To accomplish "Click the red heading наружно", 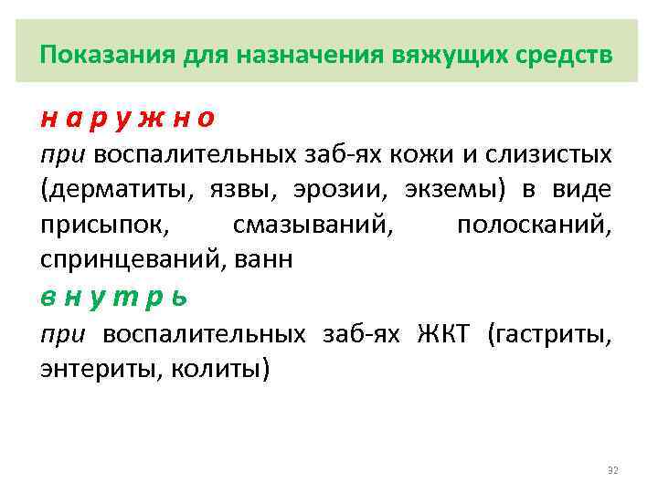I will [127, 119].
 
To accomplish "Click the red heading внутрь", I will [113, 298].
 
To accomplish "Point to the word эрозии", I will [334, 190].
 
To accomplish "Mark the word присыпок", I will [99, 226].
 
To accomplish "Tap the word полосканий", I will [535, 226].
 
